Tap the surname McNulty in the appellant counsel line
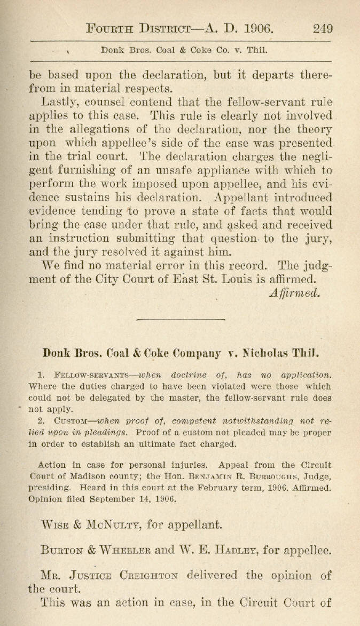pos(109,524)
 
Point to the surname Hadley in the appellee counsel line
pos(246,549)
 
